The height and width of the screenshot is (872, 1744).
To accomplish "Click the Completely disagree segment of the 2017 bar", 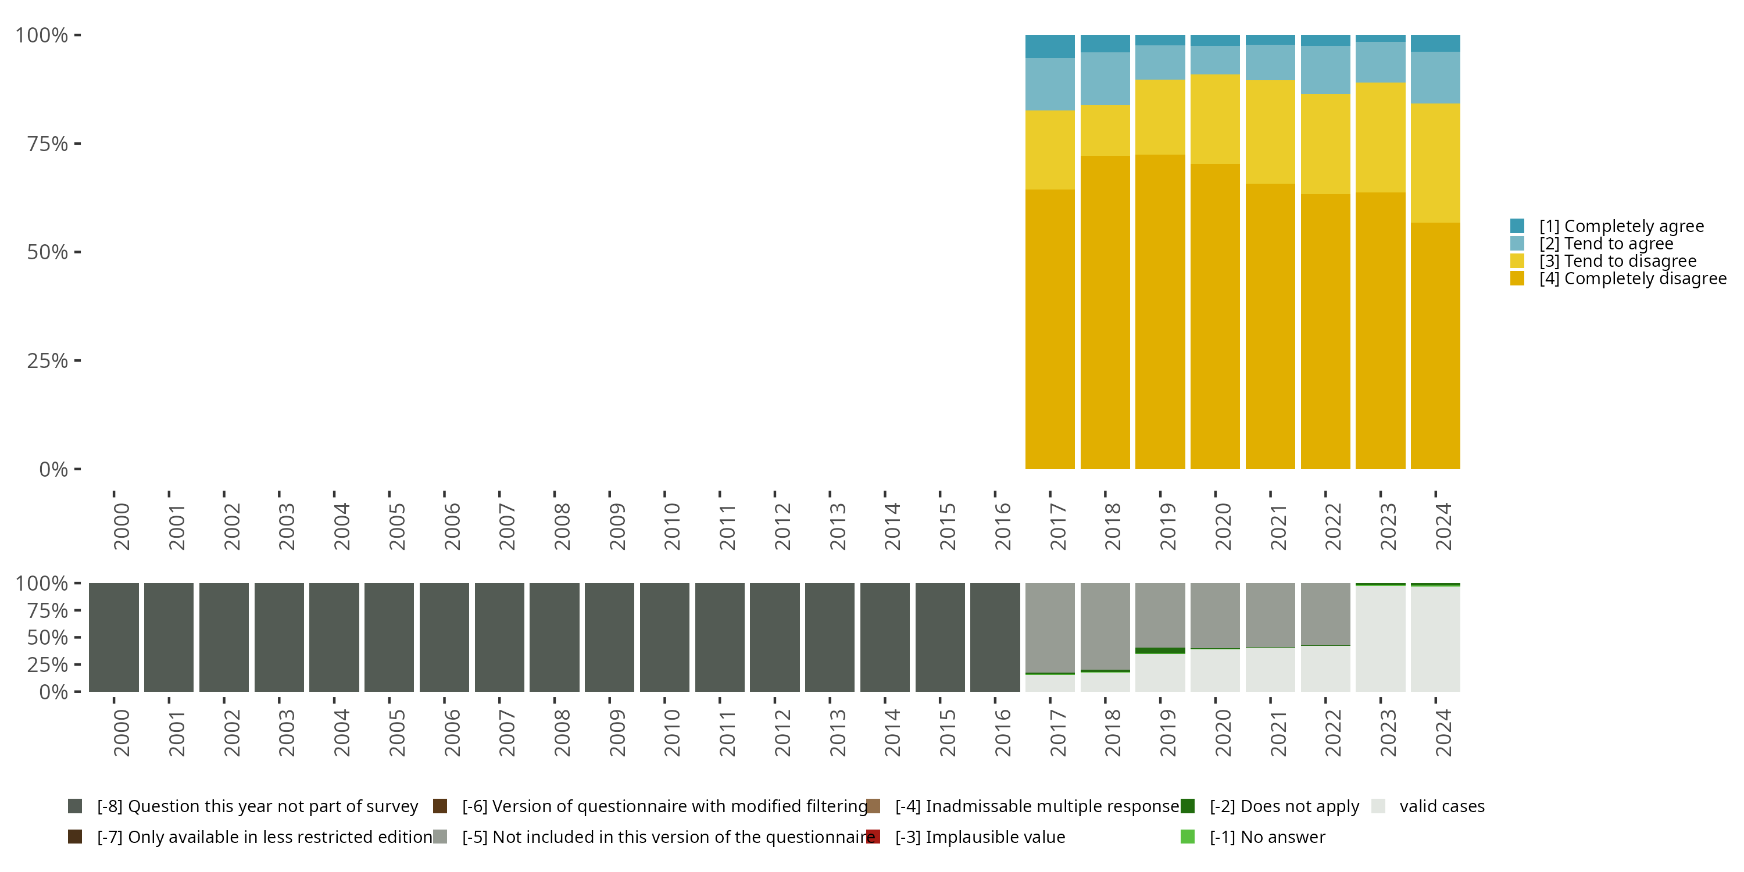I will pyautogui.click(x=1049, y=329).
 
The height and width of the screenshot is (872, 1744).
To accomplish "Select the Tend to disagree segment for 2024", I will pyautogui.click(x=1435, y=163).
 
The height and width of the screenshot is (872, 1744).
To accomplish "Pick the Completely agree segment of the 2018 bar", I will pyautogui.click(x=1105, y=44).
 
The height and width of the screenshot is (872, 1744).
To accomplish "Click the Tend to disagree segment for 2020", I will pyautogui.click(x=1214, y=119).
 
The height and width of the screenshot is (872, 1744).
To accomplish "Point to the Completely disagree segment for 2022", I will pyautogui.click(x=1325, y=332).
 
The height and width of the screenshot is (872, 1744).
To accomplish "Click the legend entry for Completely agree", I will pyautogui.click(x=1621, y=226).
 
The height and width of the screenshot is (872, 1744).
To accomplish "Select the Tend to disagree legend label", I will pyautogui.click(x=1617, y=262).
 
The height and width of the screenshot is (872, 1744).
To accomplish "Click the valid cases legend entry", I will pyautogui.click(x=1441, y=806).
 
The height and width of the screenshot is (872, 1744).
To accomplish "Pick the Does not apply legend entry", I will pyautogui.click(x=1284, y=806).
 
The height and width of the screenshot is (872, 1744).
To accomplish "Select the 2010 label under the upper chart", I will pyautogui.click(x=671, y=527).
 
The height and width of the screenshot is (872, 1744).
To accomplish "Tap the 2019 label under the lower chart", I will pyautogui.click(x=1168, y=733).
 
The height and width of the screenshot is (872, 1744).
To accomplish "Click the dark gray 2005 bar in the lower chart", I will pyautogui.click(x=389, y=637).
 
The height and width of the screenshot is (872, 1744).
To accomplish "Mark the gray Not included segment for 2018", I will pyautogui.click(x=1105, y=626).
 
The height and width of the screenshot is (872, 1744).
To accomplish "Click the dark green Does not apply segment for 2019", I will pyautogui.click(x=1160, y=651).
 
